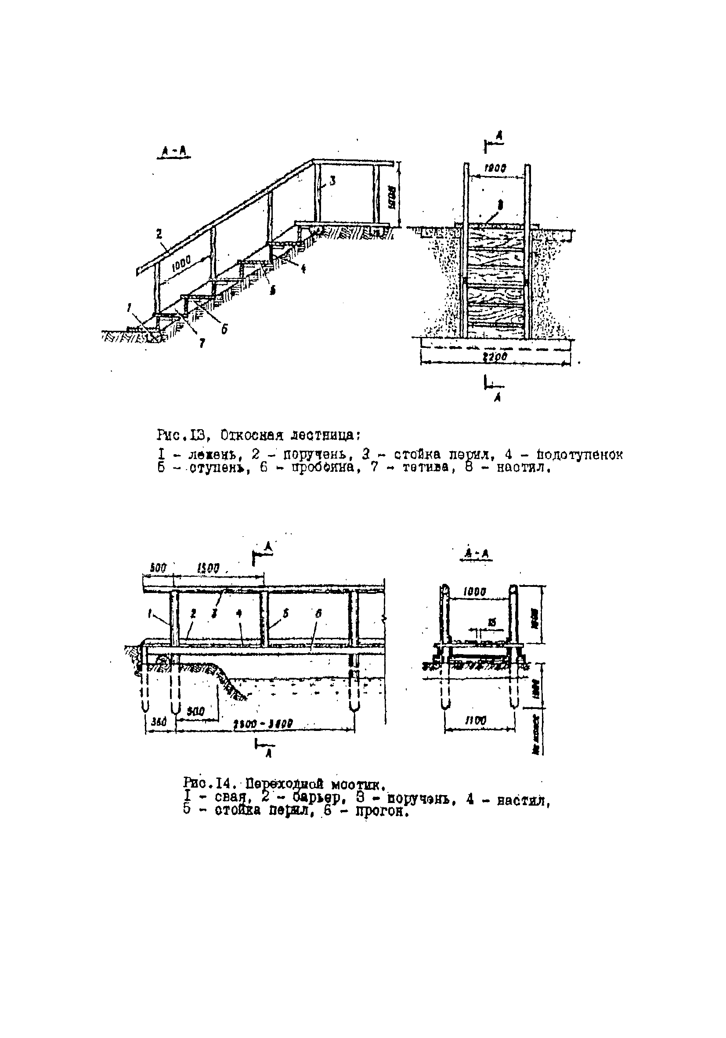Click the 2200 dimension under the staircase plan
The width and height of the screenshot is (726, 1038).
(x=495, y=357)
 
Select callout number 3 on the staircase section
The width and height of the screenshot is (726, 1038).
(x=332, y=181)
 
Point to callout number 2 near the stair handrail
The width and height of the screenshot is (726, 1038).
(x=159, y=234)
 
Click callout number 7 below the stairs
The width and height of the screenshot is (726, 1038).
(x=202, y=344)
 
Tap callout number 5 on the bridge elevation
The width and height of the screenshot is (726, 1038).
(x=285, y=614)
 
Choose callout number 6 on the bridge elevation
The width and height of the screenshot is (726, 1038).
(x=319, y=614)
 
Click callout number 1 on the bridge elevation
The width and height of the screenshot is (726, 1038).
(x=150, y=614)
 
